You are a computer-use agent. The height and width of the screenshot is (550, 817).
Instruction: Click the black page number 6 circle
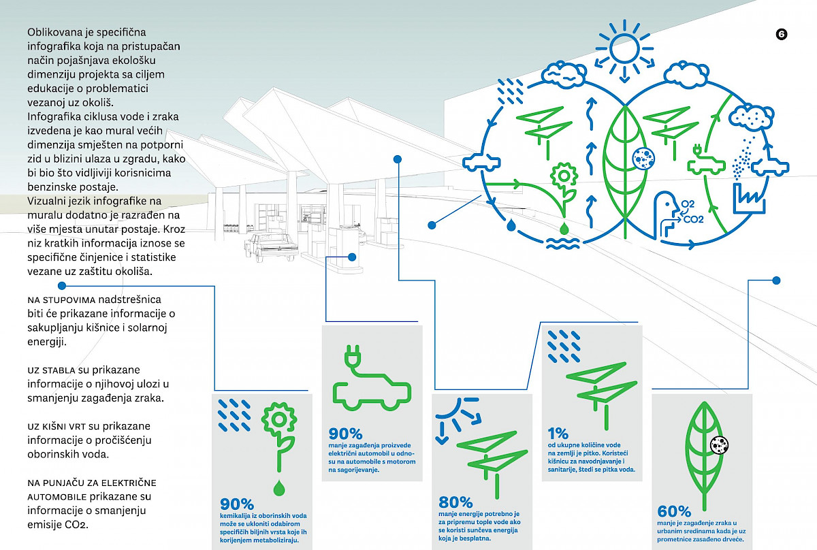(x=781, y=35)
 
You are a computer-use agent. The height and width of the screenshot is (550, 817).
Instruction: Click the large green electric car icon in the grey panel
(x=371, y=385)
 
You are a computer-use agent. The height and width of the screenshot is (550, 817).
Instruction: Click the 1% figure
(x=558, y=432)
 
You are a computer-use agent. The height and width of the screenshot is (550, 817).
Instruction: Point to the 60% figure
(x=674, y=511)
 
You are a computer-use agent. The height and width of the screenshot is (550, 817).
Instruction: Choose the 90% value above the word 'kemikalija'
(x=236, y=504)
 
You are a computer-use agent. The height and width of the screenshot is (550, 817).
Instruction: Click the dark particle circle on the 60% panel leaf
(x=718, y=445)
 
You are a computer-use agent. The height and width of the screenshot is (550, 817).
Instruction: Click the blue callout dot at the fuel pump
(x=352, y=257)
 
